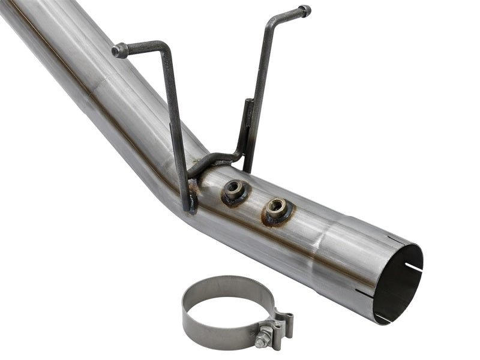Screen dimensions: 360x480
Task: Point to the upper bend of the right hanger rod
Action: (x=268, y=20)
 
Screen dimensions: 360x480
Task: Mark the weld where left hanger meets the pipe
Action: (x=192, y=198)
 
